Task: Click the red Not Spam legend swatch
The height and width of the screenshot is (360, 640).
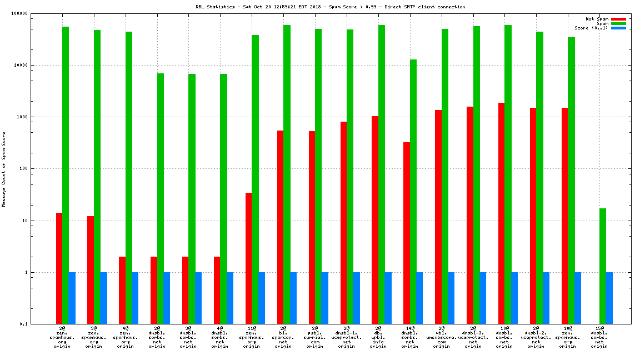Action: pyautogui.click(x=618, y=19)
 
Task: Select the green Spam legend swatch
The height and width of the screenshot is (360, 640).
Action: pyautogui.click(x=618, y=23)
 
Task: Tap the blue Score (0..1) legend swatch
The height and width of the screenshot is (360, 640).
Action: pyautogui.click(x=618, y=28)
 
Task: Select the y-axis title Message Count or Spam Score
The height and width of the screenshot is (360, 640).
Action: pyautogui.click(x=4, y=169)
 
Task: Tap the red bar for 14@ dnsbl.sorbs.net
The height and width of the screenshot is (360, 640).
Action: pyautogui.click(x=407, y=233)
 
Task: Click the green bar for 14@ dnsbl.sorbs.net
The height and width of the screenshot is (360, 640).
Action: pyautogui.click(x=413, y=192)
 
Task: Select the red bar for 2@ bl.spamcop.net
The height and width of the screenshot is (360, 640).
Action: pyautogui.click(x=280, y=227)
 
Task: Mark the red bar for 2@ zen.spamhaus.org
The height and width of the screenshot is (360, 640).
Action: pyautogui.click(x=59, y=268)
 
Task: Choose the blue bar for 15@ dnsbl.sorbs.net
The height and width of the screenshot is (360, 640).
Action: pyautogui.click(x=609, y=298)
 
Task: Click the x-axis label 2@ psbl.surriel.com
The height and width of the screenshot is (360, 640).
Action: pyautogui.click(x=315, y=337)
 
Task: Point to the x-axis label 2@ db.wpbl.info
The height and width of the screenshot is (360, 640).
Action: pyautogui.click(x=378, y=337)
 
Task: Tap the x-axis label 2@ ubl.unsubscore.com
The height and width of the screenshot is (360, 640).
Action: pyautogui.click(x=442, y=337)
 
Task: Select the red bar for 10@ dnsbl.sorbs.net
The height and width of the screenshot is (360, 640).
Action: pyautogui.click(x=502, y=213)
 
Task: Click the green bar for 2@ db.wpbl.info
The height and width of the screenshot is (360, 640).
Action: pyautogui.click(x=382, y=174)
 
